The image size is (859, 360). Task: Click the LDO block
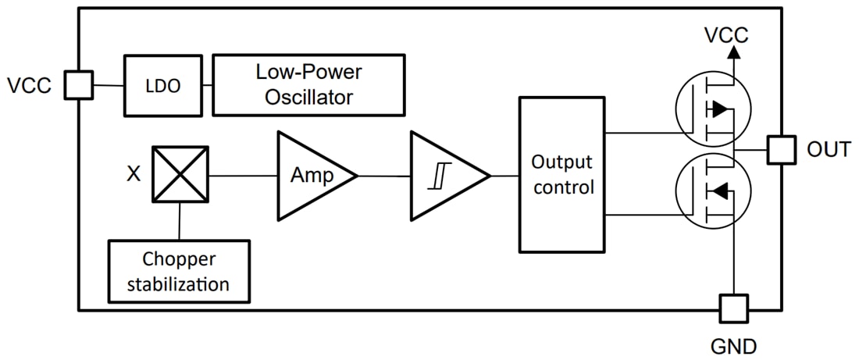coord(163,86)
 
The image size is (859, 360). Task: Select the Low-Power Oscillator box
coord(308,85)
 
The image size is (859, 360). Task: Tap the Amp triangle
coord(310,176)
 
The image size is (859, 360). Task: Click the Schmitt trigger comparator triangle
coord(444,176)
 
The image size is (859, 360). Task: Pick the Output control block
coord(561,175)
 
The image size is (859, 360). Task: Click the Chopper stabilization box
coord(179,271)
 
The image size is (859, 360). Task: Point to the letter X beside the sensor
coord(134,173)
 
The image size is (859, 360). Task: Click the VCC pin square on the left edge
coord(78,85)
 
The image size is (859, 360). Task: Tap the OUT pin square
coord(781,149)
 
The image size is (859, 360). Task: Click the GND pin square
coord(733,309)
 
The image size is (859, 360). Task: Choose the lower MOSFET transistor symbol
coord(711,190)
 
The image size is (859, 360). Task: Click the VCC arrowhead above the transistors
coord(733,52)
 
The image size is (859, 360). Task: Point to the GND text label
coord(732,344)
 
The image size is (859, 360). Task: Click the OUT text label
coord(829,149)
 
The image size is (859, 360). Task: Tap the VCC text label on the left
coord(29,85)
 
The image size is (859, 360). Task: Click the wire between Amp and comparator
coord(384,176)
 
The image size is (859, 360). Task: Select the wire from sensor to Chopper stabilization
coord(180,221)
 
